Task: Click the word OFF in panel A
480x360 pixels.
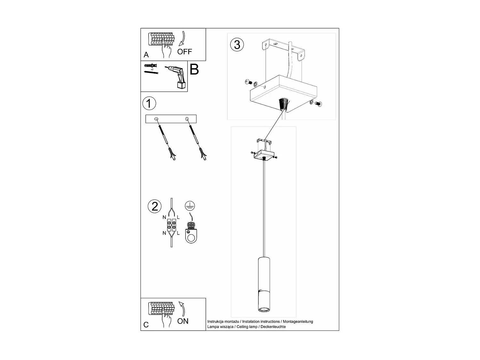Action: pos(185,52)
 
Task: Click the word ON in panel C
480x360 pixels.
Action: pos(183,321)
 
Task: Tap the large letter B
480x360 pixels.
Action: pos(194,69)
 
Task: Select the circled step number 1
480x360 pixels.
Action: pos(149,104)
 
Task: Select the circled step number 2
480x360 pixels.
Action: pos(155,206)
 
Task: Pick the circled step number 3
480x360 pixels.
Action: pos(237,44)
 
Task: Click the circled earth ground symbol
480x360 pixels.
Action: pos(190,205)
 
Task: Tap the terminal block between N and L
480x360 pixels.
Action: pos(172,225)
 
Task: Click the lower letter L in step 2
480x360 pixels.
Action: pos(178,233)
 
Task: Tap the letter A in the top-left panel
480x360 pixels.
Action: pos(146,55)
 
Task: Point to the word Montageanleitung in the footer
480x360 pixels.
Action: pos(298,322)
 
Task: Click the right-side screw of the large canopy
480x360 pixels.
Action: pos(318,103)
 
